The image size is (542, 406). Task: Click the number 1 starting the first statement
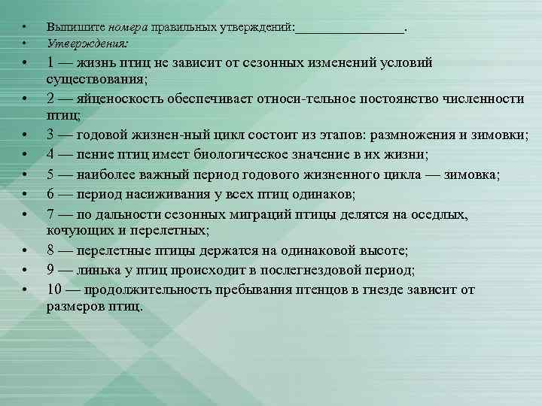50,62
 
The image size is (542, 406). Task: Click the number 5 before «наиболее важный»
50,175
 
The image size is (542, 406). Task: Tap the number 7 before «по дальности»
50,214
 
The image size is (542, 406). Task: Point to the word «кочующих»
78,229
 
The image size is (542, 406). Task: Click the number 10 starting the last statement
53,289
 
